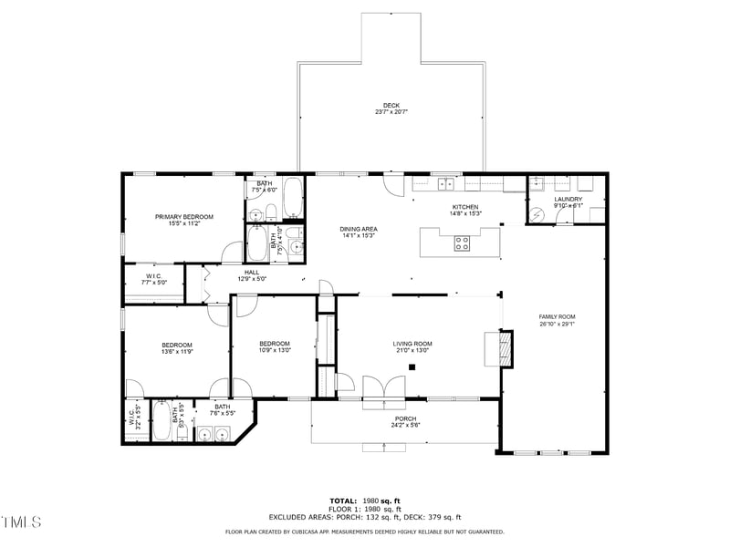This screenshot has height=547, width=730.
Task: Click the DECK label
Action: pyautogui.click(x=391, y=106)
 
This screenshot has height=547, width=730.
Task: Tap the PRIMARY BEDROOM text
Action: pyautogui.click(x=183, y=216)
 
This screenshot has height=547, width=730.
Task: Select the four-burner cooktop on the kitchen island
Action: pyautogui.click(x=463, y=243)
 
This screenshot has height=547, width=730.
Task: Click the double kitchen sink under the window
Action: pyautogui.click(x=446, y=184)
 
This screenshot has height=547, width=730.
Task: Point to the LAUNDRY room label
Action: pyautogui.click(x=568, y=199)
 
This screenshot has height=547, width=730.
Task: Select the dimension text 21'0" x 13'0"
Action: pyautogui.click(x=412, y=350)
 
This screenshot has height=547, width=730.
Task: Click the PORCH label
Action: pyautogui.click(x=405, y=418)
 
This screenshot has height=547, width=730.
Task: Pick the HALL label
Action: pyautogui.click(x=252, y=272)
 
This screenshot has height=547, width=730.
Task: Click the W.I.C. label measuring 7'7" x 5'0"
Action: pyautogui.click(x=153, y=276)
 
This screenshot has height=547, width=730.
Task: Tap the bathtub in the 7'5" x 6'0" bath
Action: pyautogui.click(x=292, y=199)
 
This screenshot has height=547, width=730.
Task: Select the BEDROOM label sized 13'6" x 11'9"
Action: pyautogui.click(x=176, y=345)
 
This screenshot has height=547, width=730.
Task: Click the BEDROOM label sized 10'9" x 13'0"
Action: pyautogui.click(x=274, y=344)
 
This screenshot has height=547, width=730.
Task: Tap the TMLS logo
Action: pyautogui.click(x=21, y=521)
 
